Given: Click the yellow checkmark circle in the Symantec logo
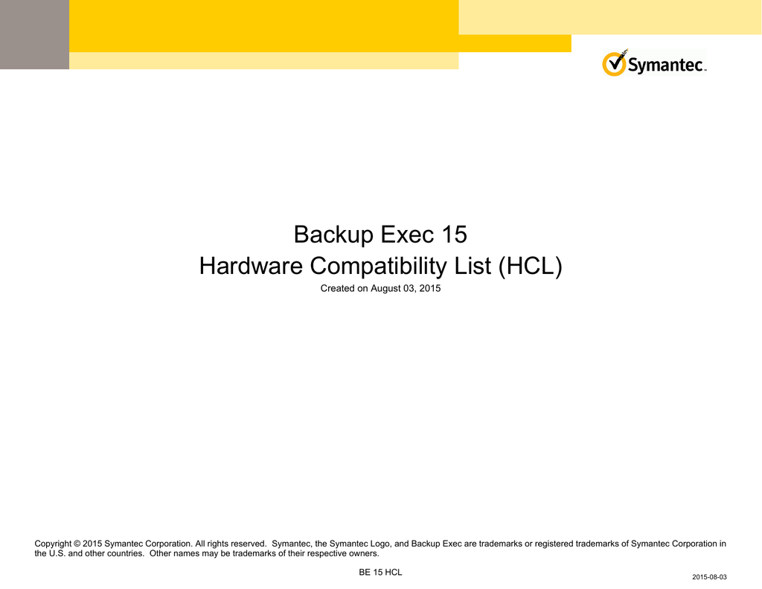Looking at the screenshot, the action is pos(614,64).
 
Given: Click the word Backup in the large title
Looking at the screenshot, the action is pos(334,235).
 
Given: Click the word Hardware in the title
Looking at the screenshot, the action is pos(251,266).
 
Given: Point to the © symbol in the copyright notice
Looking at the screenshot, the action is pos(77,544).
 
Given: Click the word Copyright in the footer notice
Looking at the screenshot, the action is pos(53,544).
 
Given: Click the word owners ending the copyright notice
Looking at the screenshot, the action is pos(365,553).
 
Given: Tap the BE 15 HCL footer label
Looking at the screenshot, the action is pos(380,573).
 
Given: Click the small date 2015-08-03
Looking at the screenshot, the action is pos(709,577).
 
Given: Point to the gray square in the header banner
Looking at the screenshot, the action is pos(34,34).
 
